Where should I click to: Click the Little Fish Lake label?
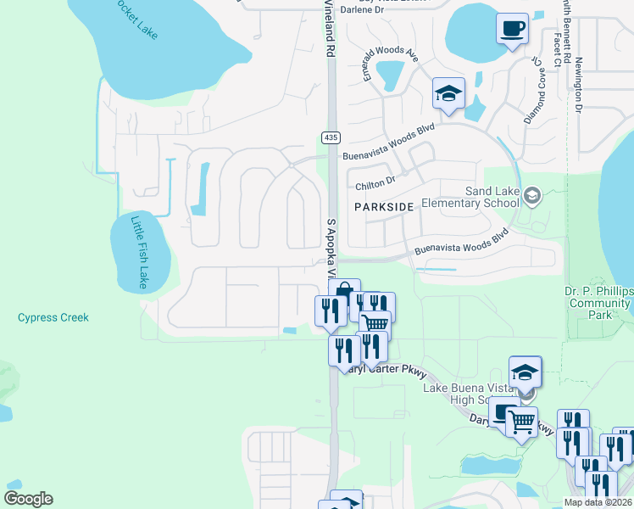point(140,252)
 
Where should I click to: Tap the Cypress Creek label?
point(53,317)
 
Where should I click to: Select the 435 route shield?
point(331,137)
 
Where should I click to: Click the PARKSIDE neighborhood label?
point(384,206)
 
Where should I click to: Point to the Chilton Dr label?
point(375,182)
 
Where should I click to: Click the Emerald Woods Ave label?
point(392,64)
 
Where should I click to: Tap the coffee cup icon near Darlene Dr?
point(511,30)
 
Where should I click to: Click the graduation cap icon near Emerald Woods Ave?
point(448,93)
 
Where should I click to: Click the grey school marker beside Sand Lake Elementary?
point(531,197)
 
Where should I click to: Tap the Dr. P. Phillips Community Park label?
point(598,303)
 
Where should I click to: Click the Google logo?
point(28,499)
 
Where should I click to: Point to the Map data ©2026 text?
point(598,502)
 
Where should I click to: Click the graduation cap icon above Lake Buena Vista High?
point(525,372)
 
